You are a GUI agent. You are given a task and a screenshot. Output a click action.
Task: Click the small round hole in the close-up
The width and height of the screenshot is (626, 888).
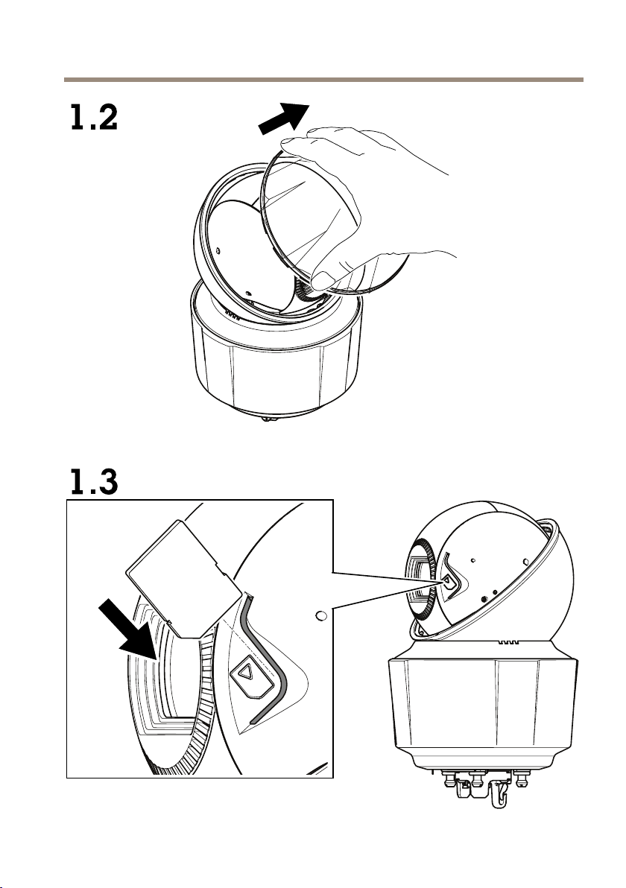[320, 616]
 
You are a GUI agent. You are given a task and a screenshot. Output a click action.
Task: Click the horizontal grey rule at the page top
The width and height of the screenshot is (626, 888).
[322, 78]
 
